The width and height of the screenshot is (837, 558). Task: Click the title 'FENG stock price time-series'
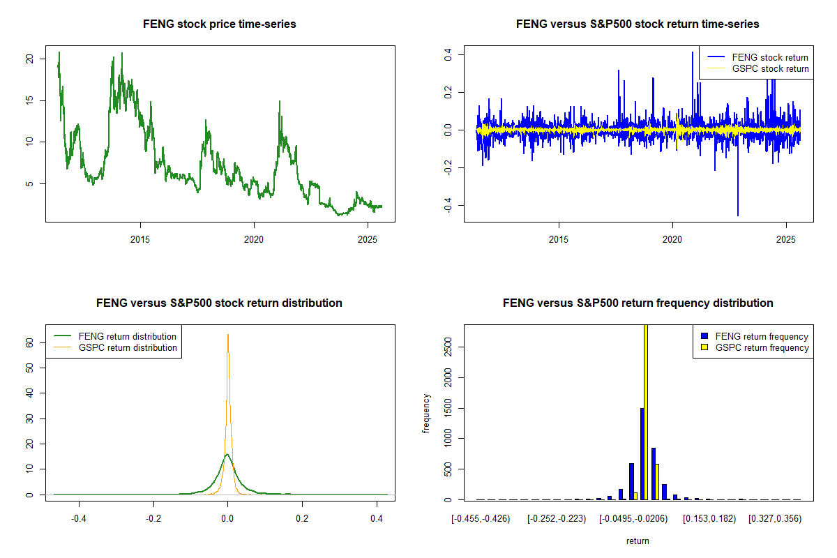[x=220, y=24]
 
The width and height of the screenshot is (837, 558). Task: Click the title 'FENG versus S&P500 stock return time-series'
[x=638, y=24]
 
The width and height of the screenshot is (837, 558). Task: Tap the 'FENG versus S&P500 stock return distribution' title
[x=219, y=303]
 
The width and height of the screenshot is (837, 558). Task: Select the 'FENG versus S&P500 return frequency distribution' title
[x=638, y=303]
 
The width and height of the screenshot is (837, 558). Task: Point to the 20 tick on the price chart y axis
[x=29, y=59]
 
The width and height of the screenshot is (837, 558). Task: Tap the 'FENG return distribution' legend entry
[x=128, y=335]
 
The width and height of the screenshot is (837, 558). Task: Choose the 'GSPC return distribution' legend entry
[x=128, y=347]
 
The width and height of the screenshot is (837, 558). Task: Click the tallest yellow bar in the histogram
[x=646, y=412]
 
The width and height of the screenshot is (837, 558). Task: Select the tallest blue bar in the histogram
[x=642, y=453]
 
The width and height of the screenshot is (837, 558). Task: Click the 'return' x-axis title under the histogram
[x=638, y=541]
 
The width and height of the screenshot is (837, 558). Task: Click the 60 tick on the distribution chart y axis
[x=29, y=343]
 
